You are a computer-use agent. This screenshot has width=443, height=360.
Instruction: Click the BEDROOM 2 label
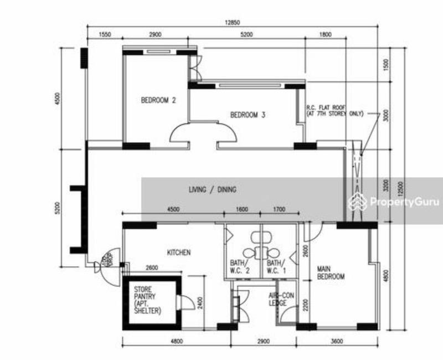point(158,100)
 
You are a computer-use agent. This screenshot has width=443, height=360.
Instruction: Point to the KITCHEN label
point(179,253)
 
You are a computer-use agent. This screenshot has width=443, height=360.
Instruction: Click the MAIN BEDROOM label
point(331,272)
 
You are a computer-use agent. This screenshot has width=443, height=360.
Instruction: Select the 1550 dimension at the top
point(105,35)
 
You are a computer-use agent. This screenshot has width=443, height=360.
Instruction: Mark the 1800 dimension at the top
point(325,35)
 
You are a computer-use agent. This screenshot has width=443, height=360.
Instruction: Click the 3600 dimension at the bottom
point(337,342)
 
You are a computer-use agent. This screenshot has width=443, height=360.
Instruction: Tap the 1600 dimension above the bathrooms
point(242,209)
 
